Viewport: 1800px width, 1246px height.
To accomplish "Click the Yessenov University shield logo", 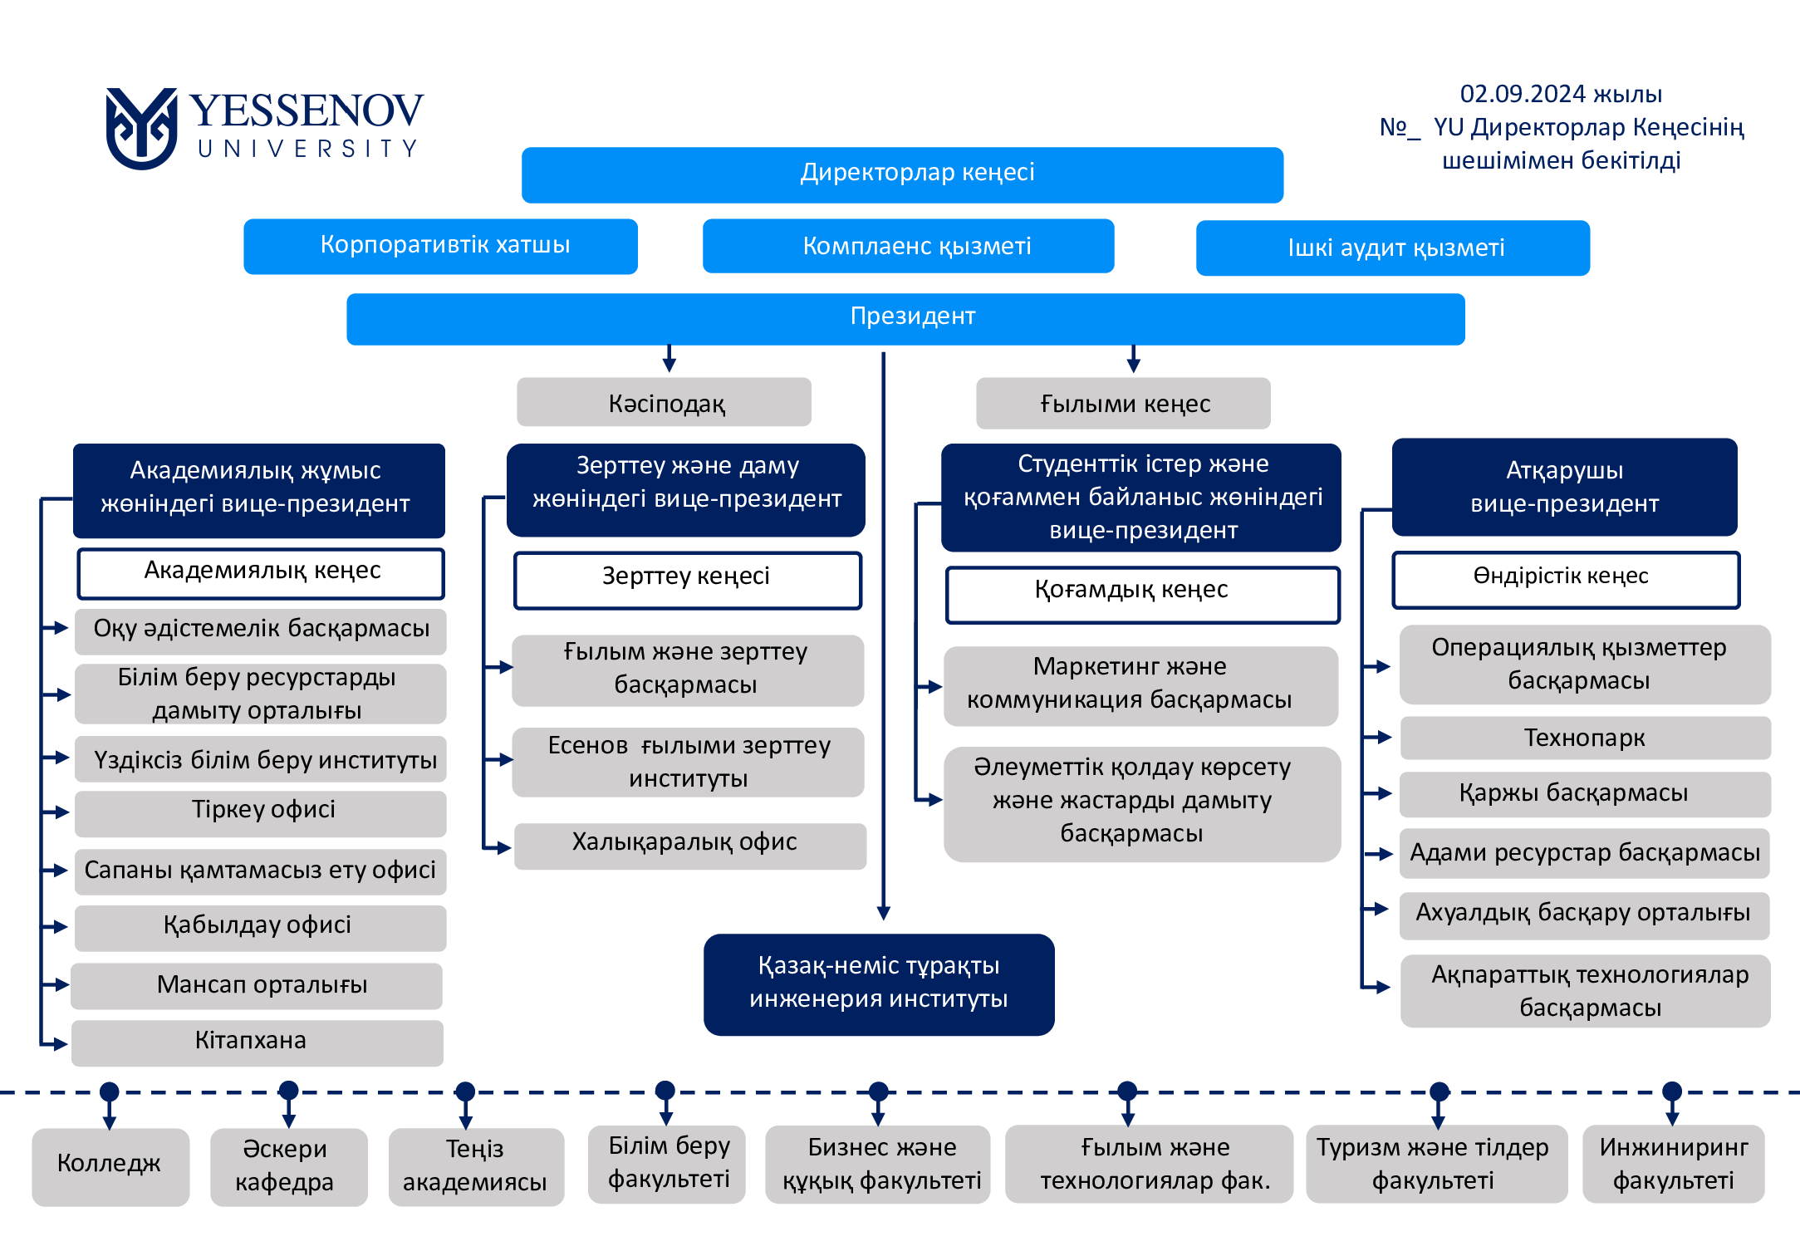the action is [141, 129].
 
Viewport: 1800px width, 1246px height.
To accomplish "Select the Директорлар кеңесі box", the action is [902, 174].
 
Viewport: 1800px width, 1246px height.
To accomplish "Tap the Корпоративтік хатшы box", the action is [440, 246].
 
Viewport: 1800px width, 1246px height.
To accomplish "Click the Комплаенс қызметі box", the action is [908, 246].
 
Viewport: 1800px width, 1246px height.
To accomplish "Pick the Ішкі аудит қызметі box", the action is [1393, 248].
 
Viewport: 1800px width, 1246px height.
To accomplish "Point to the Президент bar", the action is [905, 319].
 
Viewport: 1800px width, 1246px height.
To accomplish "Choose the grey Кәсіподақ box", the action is [664, 402].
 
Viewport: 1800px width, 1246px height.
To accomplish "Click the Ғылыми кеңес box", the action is [1123, 403].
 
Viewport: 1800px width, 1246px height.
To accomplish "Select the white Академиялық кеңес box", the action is [261, 573].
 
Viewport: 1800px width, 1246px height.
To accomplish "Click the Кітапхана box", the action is [257, 1042].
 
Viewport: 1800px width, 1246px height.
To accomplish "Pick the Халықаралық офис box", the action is [690, 846].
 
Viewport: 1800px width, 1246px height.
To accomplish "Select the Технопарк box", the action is [1585, 738].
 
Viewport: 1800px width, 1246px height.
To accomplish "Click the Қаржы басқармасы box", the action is [1585, 794].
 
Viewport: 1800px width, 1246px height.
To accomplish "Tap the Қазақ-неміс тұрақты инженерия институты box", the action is [879, 984].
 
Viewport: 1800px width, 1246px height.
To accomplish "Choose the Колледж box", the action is [110, 1166].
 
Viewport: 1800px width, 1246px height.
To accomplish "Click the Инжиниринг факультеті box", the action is [1673, 1164].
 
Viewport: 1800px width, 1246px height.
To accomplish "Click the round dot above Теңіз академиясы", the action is [465, 1091].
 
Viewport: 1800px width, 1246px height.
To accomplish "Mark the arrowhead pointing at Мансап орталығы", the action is [62, 985].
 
